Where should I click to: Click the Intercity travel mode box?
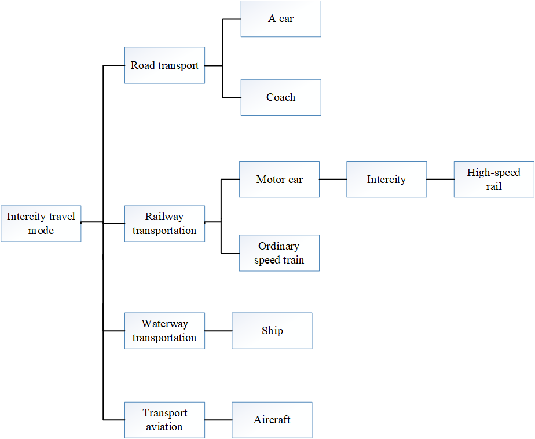click(41, 224)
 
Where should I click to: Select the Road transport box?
click(164, 65)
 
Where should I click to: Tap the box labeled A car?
click(281, 19)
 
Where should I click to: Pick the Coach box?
click(281, 97)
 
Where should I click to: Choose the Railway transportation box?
click(164, 224)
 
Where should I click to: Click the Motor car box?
click(279, 180)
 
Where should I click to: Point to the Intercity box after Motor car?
click(386, 180)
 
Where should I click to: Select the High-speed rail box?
click(493, 180)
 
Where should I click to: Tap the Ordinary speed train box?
click(279, 253)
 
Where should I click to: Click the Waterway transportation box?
click(164, 331)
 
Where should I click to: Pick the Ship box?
click(272, 331)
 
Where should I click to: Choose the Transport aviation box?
click(164, 420)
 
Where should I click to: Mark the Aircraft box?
click(272, 420)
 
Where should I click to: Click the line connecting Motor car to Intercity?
click(333, 180)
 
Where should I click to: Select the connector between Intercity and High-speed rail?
click(440, 180)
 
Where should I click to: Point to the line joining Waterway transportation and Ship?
click(218, 331)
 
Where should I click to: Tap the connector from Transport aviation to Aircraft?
click(218, 420)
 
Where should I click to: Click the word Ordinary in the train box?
click(279, 246)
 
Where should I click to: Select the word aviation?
click(164, 427)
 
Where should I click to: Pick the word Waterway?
click(164, 324)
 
